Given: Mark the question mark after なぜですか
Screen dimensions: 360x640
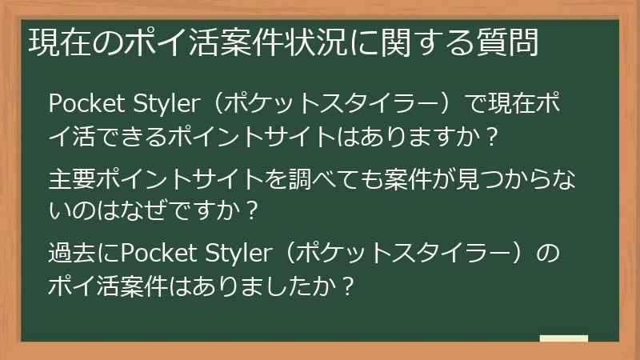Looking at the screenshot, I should click(252, 212).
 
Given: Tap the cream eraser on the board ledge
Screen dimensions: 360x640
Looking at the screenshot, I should click(563, 339).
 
